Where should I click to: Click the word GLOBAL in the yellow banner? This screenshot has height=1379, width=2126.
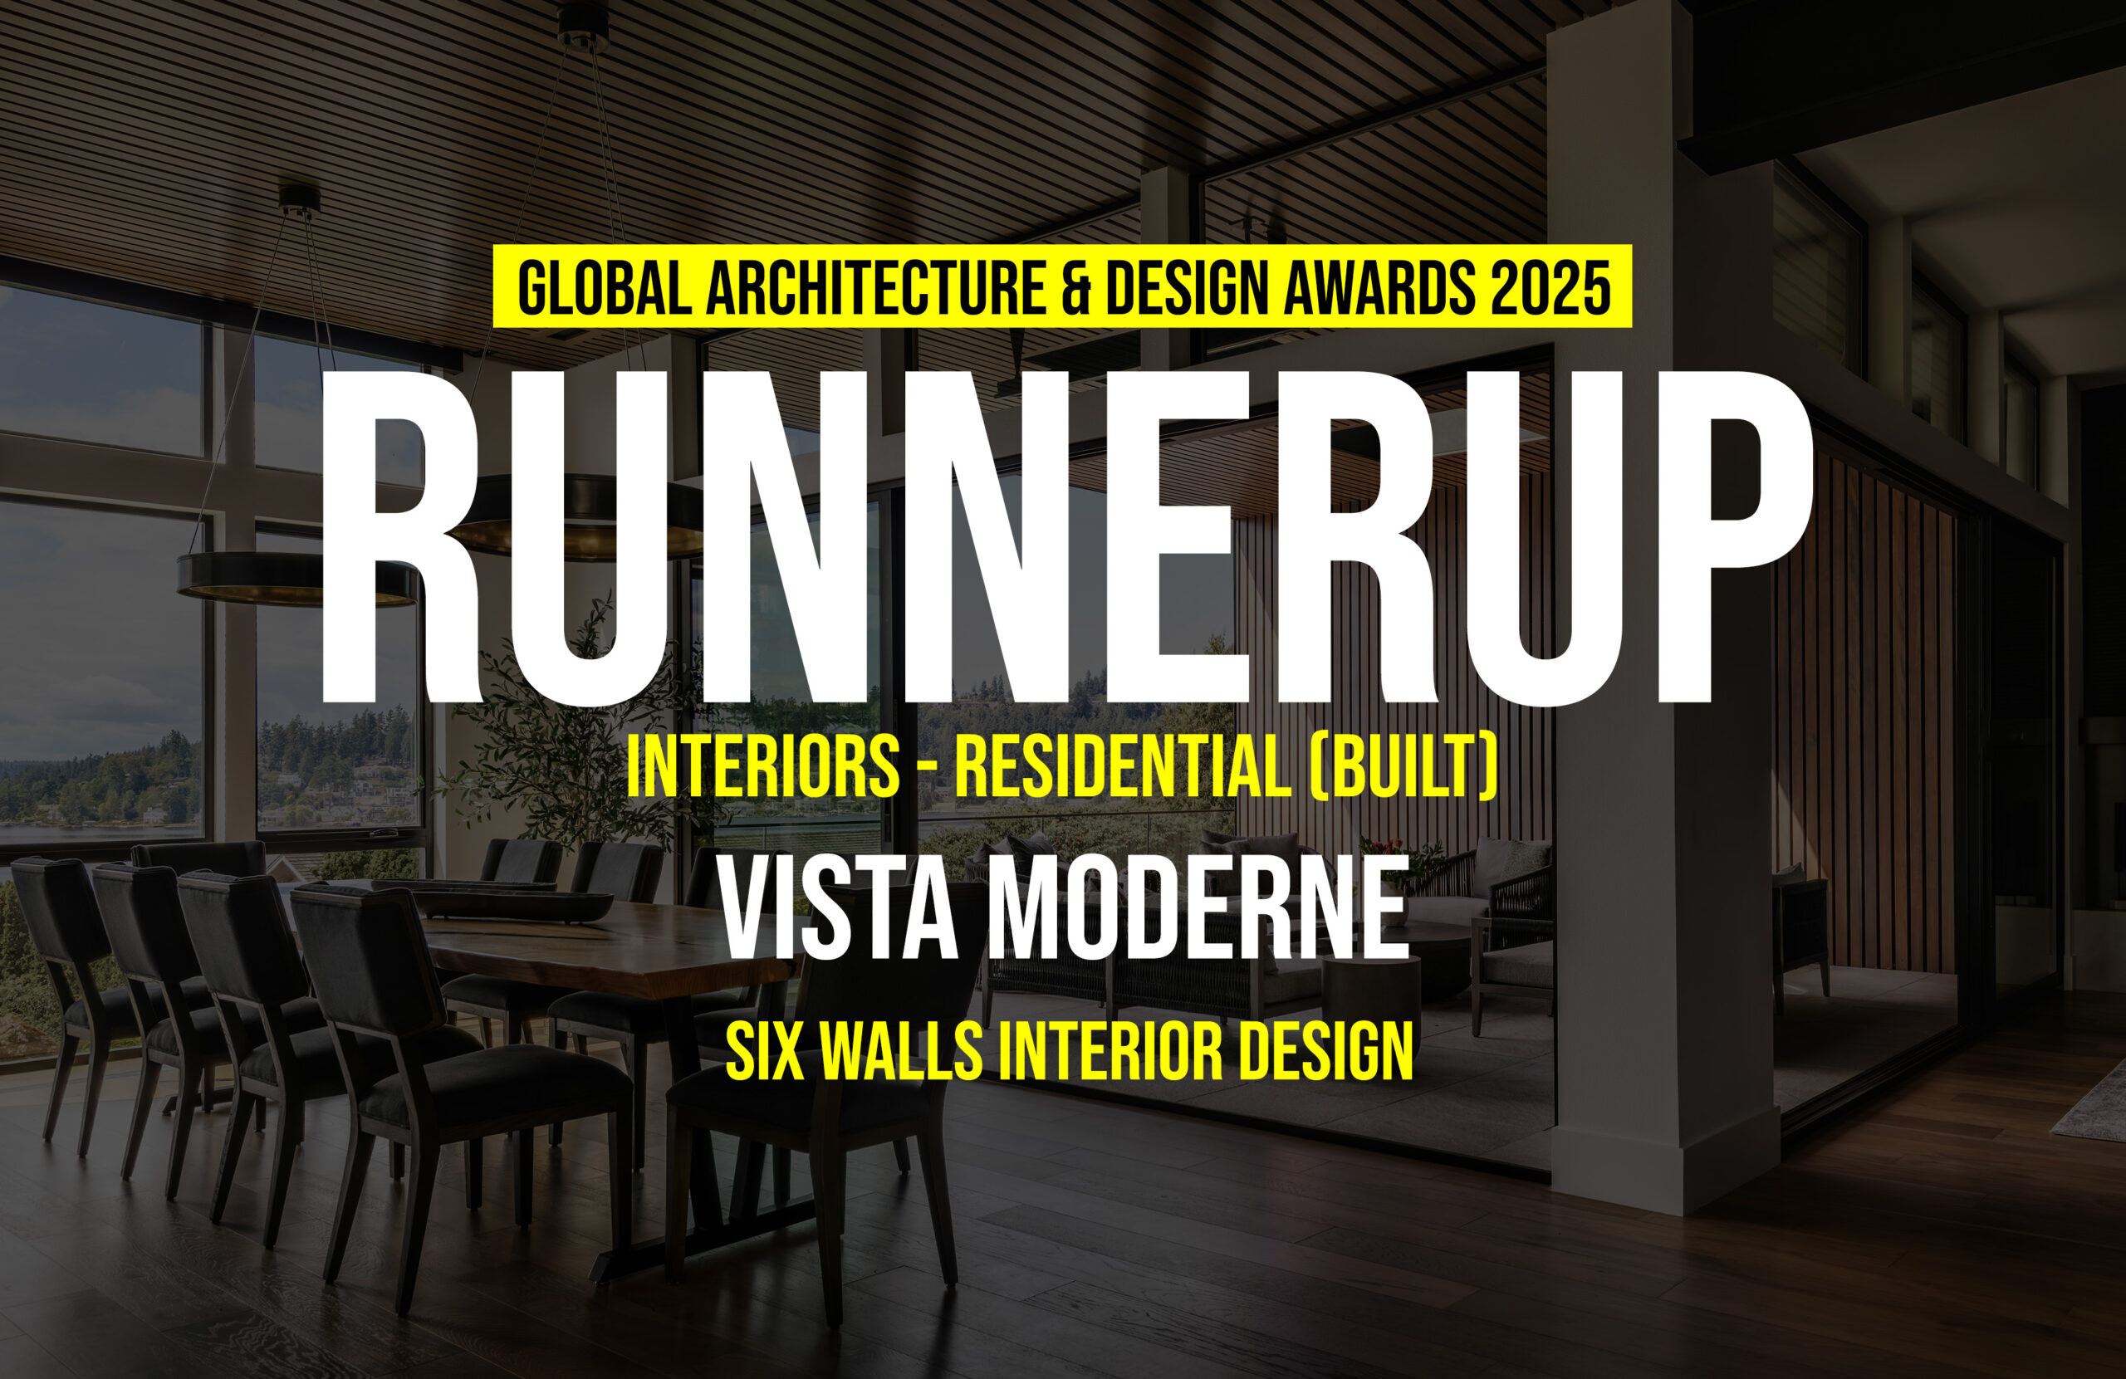604,286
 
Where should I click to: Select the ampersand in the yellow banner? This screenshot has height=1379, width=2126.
1077,286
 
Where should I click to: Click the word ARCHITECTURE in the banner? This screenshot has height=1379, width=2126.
876,286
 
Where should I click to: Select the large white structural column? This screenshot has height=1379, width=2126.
1662,616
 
